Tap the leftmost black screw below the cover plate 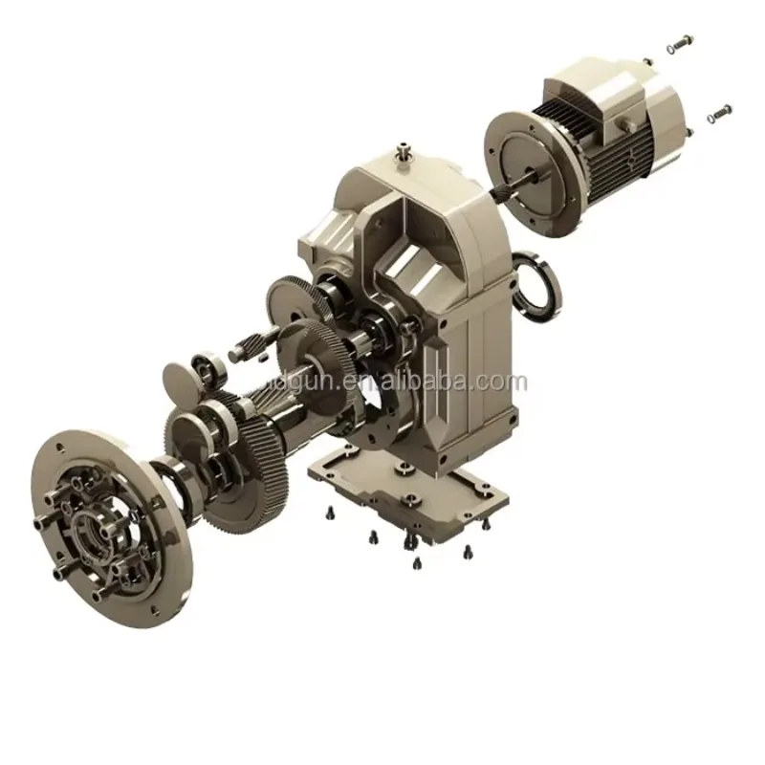click(331, 512)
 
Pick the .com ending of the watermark click(504, 382)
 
